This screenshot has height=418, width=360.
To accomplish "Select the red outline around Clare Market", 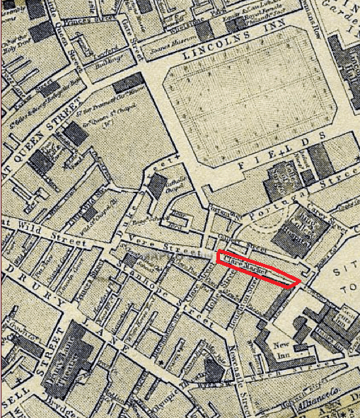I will coord(259,268).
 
